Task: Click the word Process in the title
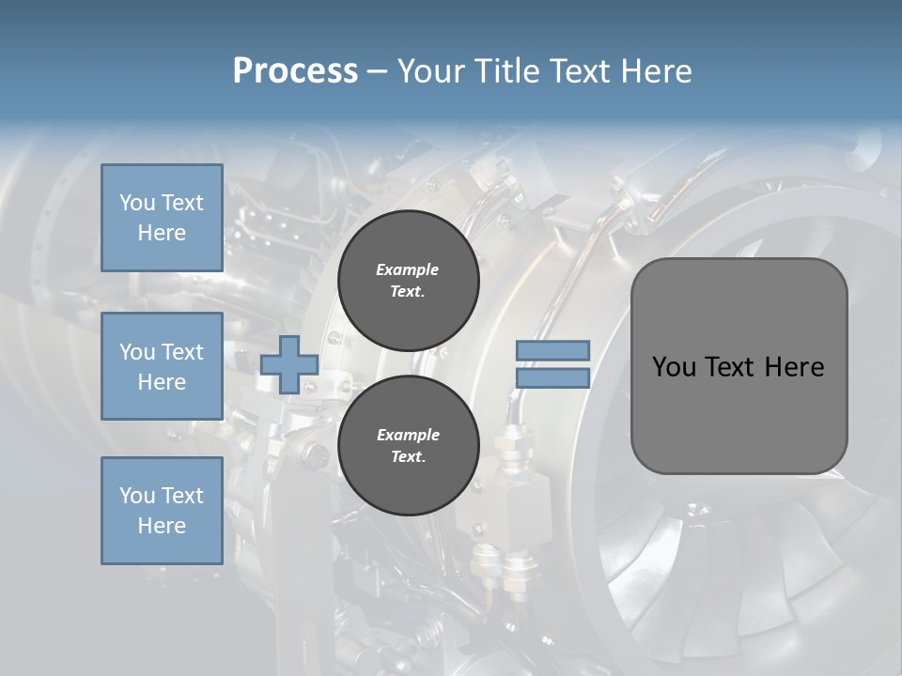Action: click(295, 71)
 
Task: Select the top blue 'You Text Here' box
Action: click(162, 218)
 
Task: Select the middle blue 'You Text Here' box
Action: click(162, 366)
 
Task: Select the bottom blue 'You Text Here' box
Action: click(162, 511)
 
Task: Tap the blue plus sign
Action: click(289, 364)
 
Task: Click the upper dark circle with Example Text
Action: click(408, 280)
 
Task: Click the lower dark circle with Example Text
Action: click(408, 445)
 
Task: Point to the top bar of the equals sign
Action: click(552, 351)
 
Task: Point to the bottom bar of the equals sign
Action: click(552, 377)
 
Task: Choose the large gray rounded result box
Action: click(739, 366)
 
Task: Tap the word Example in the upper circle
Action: click(408, 269)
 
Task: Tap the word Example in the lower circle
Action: click(408, 435)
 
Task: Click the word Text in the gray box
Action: click(731, 367)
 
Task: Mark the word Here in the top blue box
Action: click(162, 233)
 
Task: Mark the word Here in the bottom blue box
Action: click(162, 526)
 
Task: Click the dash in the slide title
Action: click(377, 71)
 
